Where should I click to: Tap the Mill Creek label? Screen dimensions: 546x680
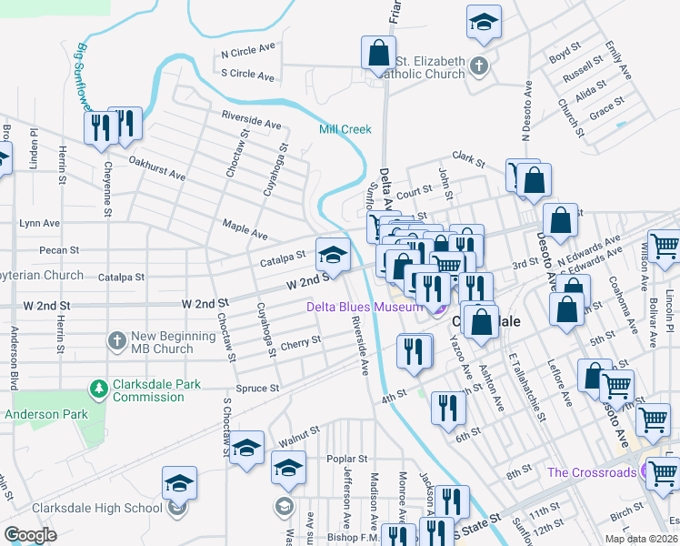click(345, 129)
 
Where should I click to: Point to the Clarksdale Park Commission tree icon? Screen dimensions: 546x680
click(98, 389)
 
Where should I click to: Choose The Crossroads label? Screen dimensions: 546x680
click(591, 472)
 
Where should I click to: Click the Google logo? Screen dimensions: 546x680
click(30, 535)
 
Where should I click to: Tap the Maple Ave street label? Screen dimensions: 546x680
click(245, 227)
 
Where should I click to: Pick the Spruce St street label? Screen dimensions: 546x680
click(258, 389)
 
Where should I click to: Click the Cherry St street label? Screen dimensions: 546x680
click(301, 343)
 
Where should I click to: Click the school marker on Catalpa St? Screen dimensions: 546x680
click(333, 255)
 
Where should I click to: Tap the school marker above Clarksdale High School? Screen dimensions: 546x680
click(180, 484)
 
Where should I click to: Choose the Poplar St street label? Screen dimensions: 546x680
click(348, 460)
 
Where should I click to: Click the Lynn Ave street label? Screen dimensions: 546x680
click(39, 223)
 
